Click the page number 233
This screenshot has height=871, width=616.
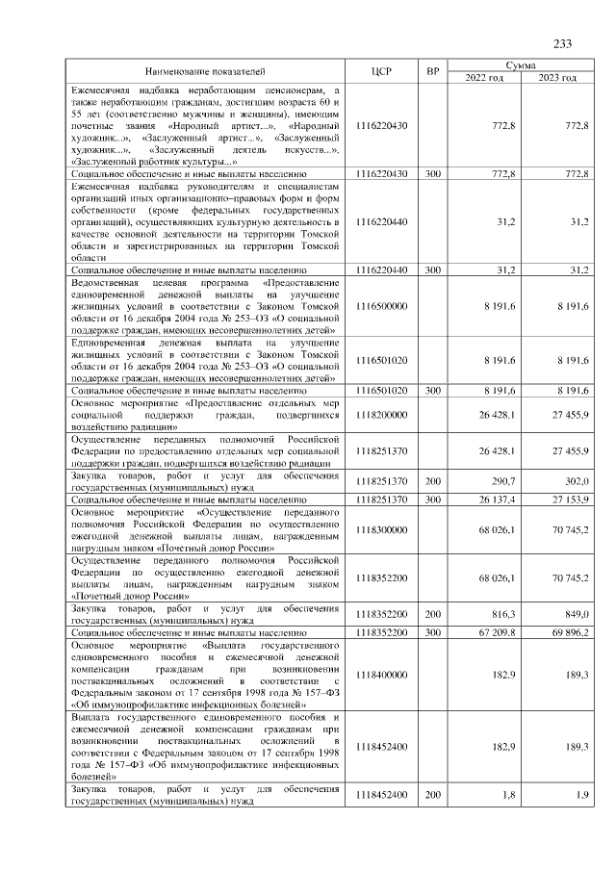tap(562, 44)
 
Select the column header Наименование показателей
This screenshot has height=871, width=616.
tap(204, 71)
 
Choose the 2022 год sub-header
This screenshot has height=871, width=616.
tap(484, 78)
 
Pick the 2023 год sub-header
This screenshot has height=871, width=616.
tap(557, 78)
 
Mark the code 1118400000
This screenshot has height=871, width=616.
tap(381, 676)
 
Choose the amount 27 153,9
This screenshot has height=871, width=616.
tap(569, 500)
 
